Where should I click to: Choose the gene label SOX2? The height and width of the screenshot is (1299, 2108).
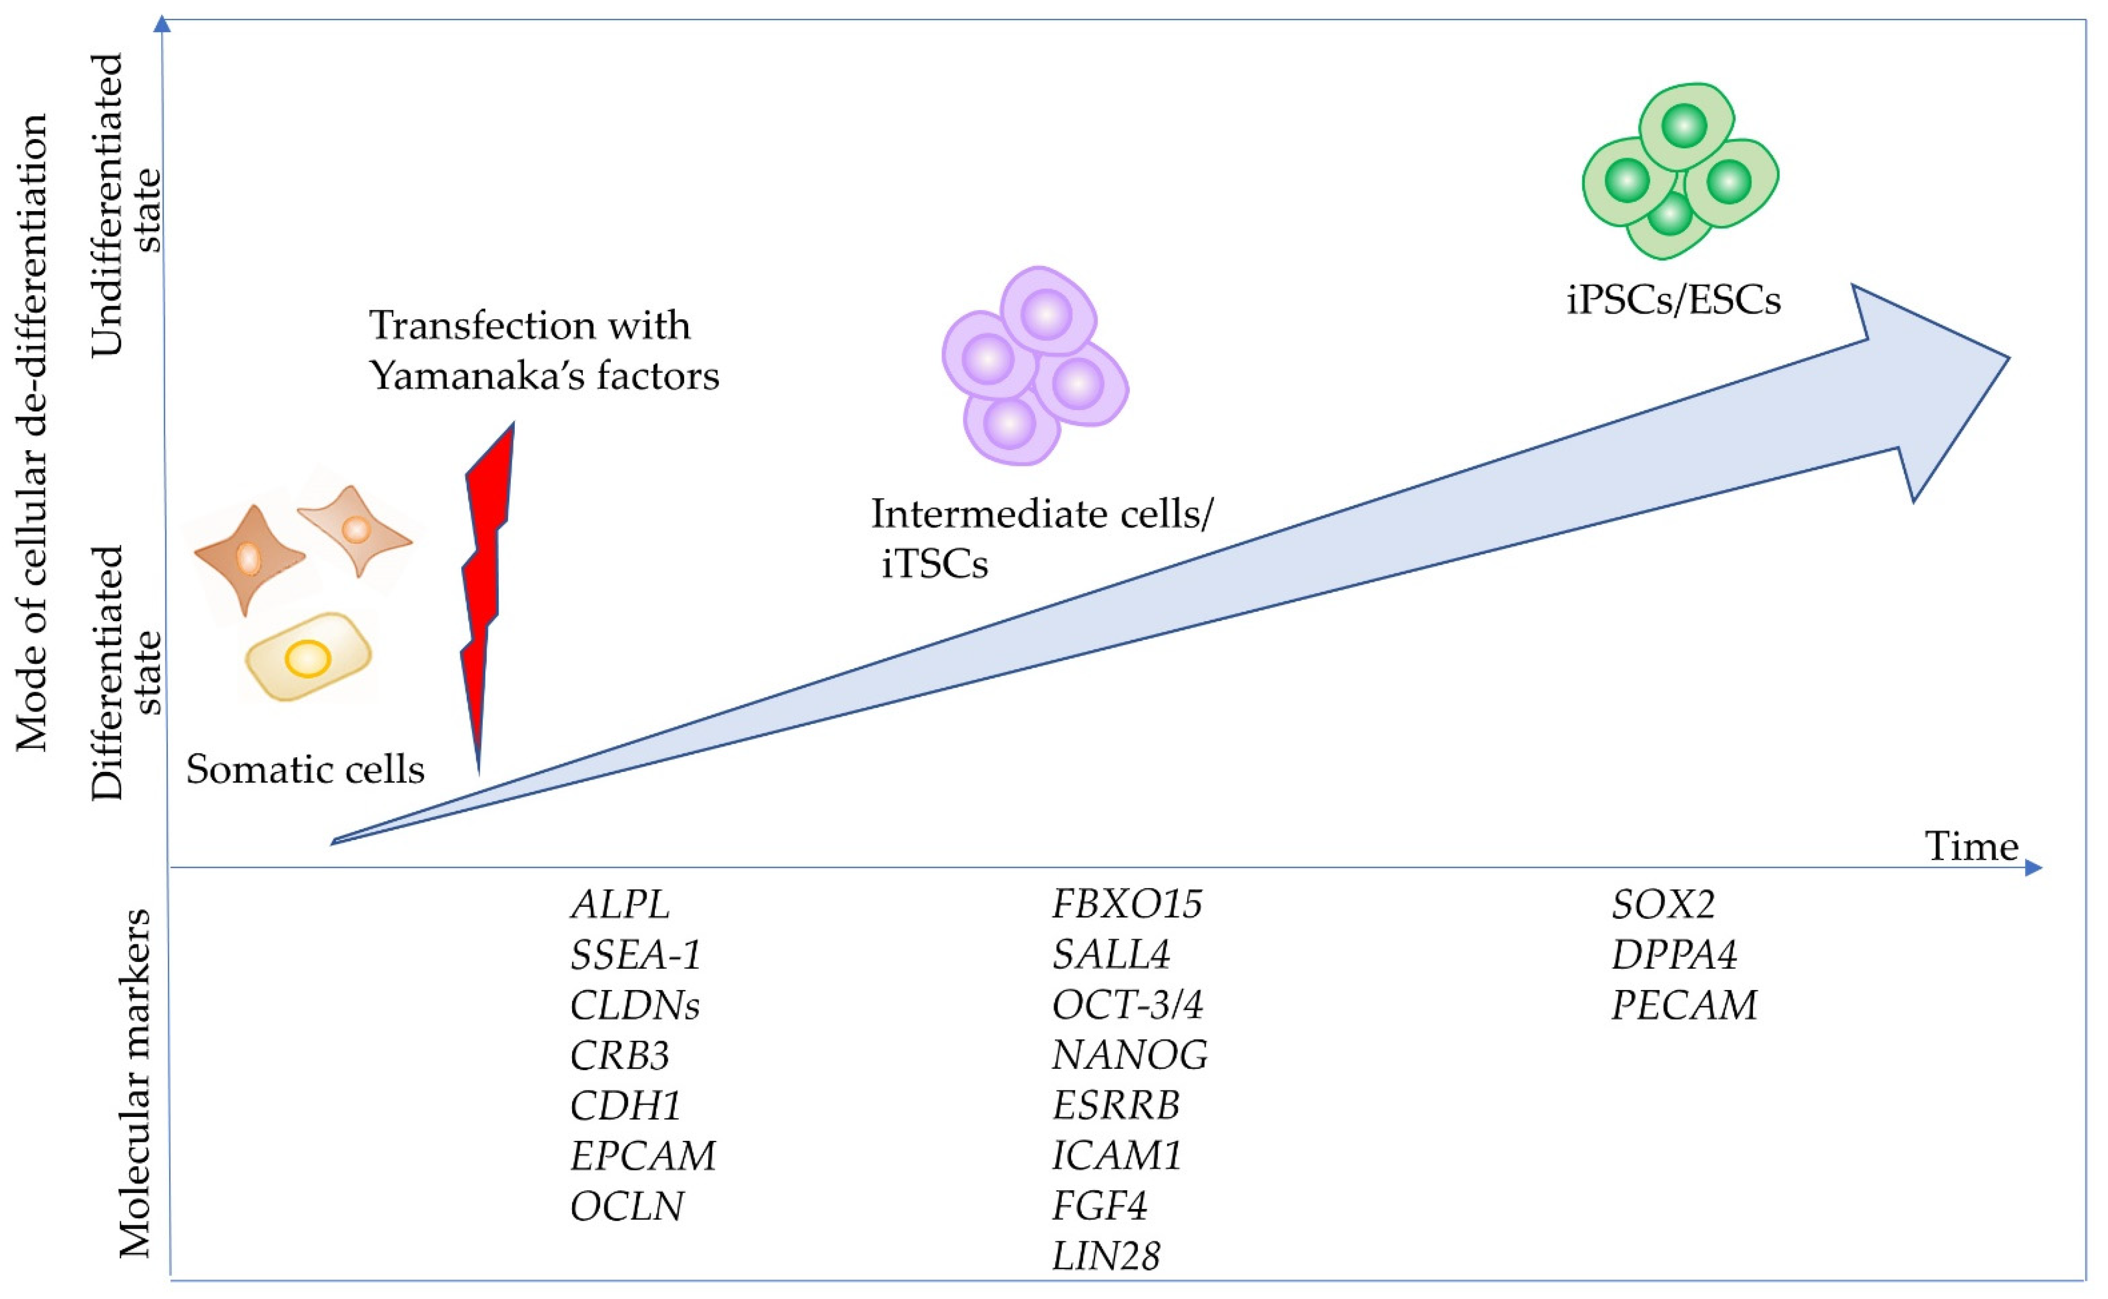point(1663,904)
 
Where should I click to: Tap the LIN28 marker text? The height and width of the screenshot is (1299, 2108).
point(1105,1256)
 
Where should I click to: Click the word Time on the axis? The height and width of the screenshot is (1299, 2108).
point(1970,847)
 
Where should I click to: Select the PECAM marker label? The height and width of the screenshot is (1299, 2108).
point(1684,1004)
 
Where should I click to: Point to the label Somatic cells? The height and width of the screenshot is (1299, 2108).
point(305,769)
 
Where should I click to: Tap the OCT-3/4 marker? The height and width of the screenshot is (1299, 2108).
point(1127,1004)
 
